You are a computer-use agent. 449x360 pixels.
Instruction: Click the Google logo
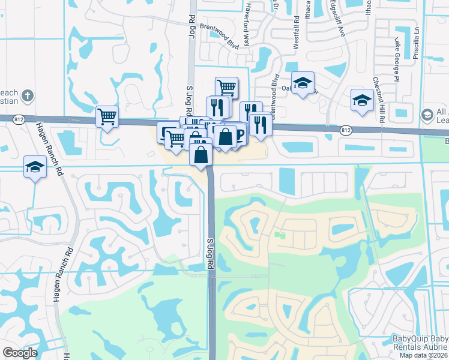click(x=20, y=353)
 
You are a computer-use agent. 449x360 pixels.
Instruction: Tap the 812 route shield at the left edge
click(x=19, y=119)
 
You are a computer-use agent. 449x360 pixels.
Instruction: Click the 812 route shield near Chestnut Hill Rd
click(x=345, y=130)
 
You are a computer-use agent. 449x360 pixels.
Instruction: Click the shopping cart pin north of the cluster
click(x=226, y=87)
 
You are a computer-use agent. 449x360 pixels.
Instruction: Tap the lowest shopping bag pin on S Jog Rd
click(x=201, y=155)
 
